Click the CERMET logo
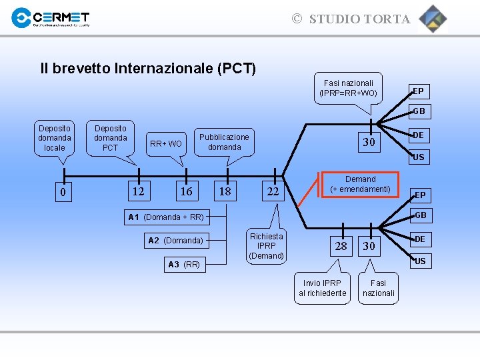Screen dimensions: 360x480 click(51, 18)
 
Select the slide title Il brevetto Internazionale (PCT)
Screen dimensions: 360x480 click(148, 68)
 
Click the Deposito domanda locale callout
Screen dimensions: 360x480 click(55, 137)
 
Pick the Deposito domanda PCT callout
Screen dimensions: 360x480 click(111, 137)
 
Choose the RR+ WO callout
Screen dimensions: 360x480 click(166, 143)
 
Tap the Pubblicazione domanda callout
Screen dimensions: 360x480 click(224, 142)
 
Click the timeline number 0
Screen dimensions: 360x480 click(63, 193)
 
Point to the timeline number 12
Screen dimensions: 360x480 click(138, 192)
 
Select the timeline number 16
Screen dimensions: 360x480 click(187, 192)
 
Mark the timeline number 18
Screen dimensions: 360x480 click(225, 192)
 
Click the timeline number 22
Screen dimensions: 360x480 click(273, 192)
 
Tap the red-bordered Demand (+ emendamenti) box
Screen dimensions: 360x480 click(361, 185)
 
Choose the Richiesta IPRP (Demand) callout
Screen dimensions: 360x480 click(267, 246)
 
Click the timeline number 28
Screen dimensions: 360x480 click(341, 246)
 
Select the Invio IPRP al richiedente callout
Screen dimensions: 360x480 click(323, 288)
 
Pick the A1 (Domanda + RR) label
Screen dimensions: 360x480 click(166, 217)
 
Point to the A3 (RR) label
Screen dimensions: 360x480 click(184, 265)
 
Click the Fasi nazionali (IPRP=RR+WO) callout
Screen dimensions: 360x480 click(348, 88)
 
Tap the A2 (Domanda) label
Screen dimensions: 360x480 click(175, 241)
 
